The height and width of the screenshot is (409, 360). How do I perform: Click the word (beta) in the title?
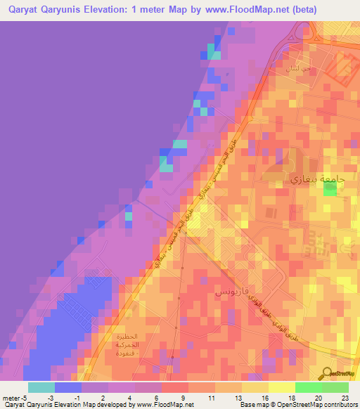click(x=302, y=10)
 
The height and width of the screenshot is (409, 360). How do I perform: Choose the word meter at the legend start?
click(x=12, y=398)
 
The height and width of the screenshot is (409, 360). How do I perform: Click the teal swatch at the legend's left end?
click(x=41, y=387)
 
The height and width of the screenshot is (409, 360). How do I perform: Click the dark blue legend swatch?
click(x=68, y=387)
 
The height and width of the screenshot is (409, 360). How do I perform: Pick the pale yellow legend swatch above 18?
click(x=282, y=387)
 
